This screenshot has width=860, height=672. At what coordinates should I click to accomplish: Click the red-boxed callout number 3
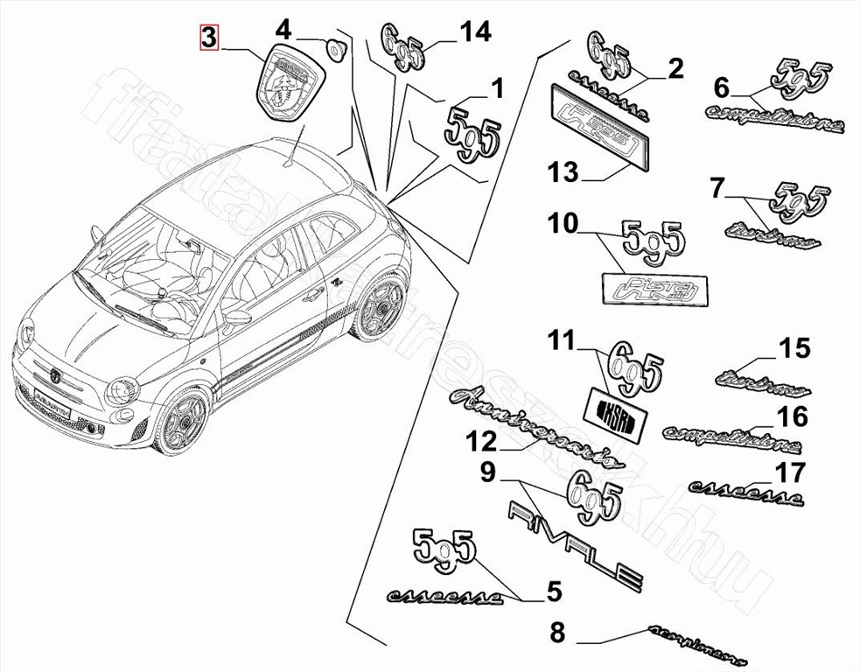[209, 38]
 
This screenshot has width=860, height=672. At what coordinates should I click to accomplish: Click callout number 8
[558, 632]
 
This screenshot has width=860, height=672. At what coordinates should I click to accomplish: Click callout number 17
[790, 473]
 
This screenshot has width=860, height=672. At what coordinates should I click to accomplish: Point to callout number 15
[794, 348]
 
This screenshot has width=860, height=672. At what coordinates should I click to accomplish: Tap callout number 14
[476, 32]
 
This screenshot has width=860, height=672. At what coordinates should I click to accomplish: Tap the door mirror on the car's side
[237, 316]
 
